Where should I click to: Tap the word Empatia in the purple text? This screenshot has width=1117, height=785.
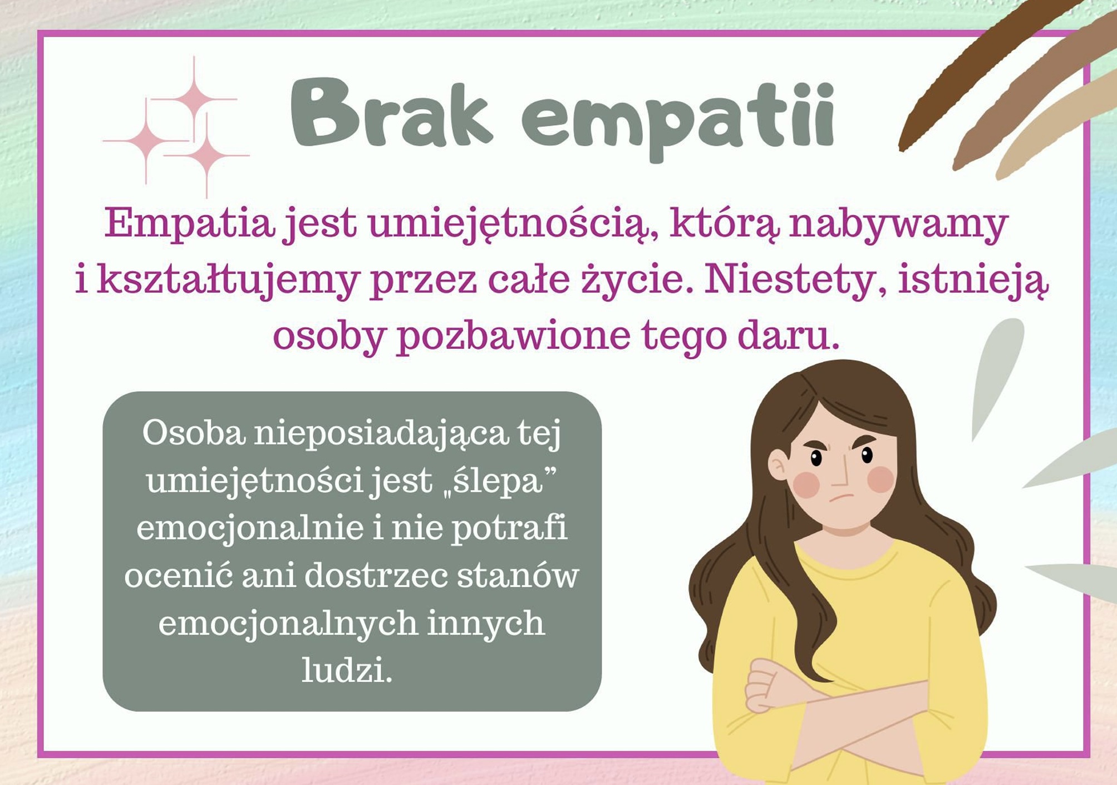click(x=190, y=223)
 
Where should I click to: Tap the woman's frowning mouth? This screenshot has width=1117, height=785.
click(x=841, y=496)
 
